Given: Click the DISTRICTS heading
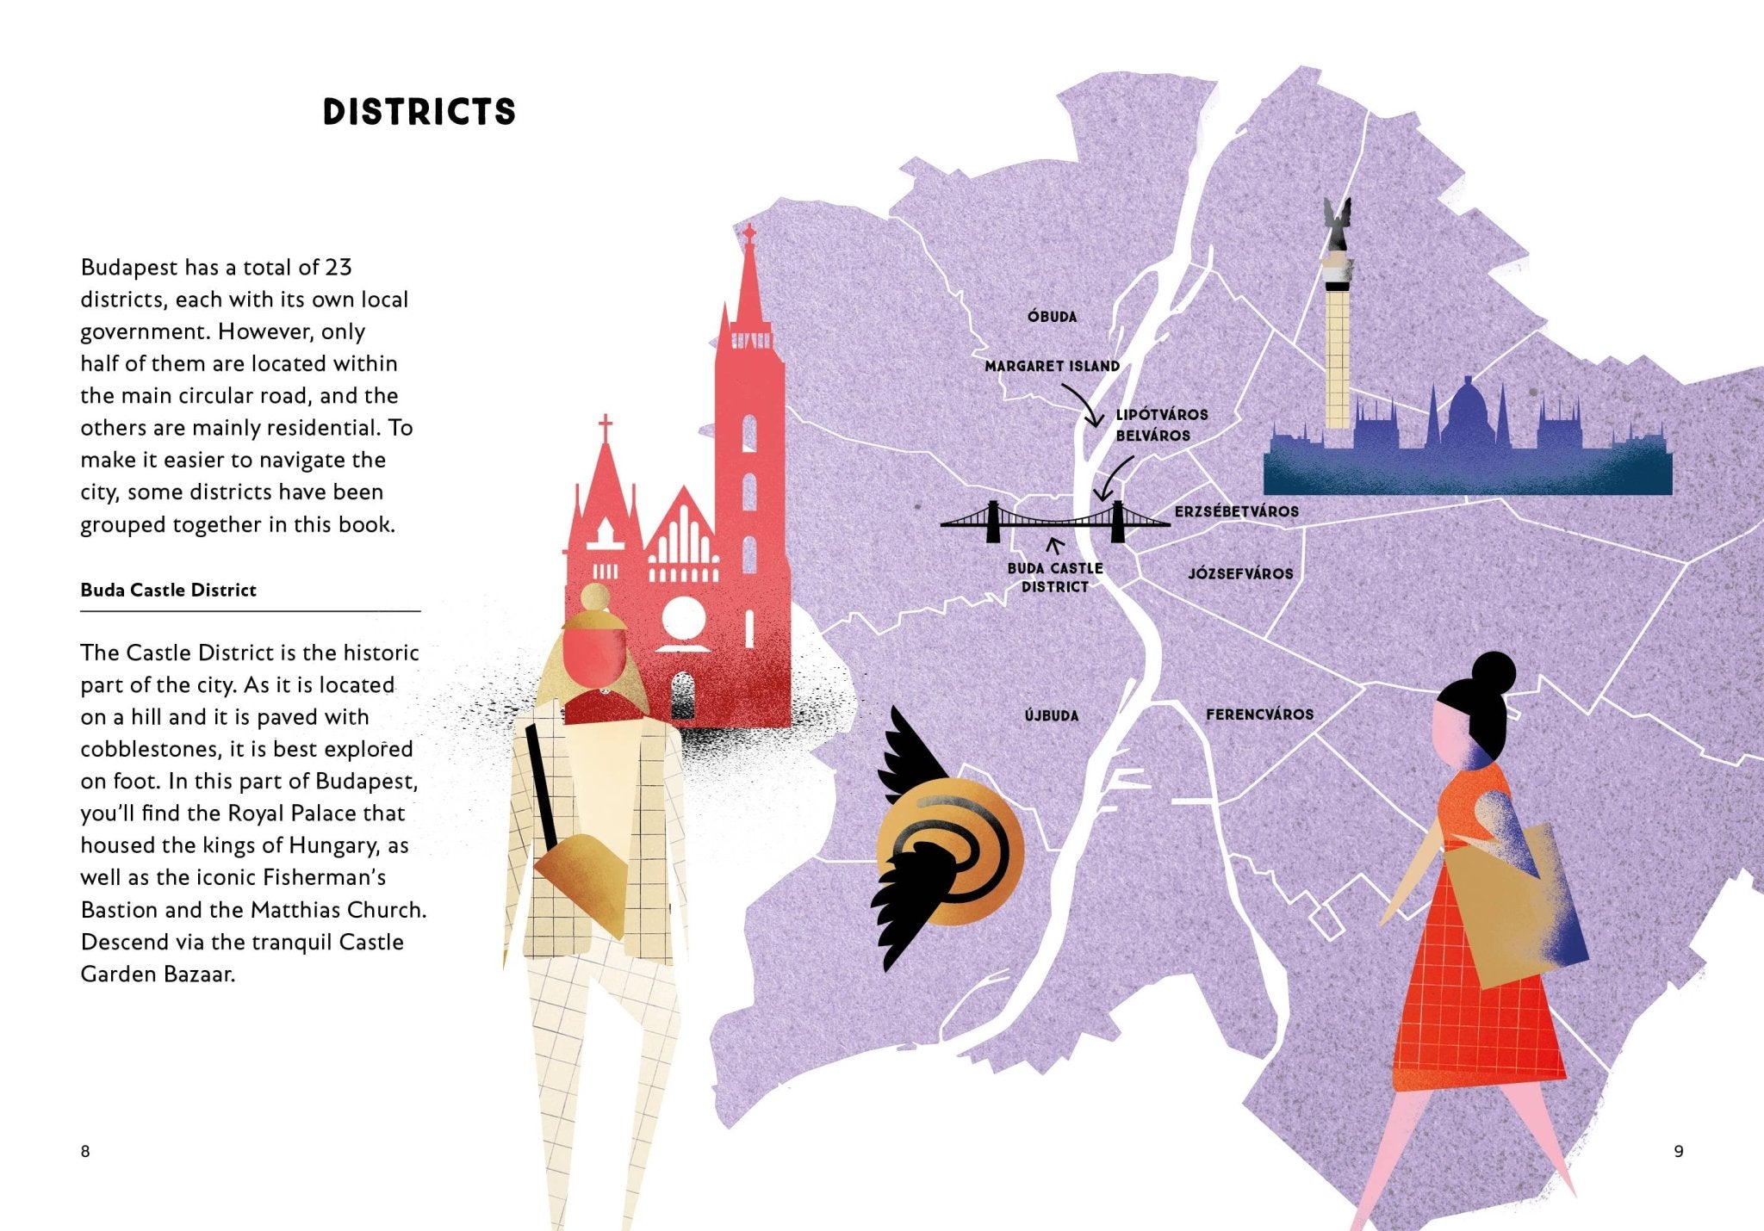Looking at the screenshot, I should (x=419, y=113).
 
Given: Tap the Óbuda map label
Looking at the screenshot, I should (x=1052, y=317).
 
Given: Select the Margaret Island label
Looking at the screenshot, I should (x=1052, y=366).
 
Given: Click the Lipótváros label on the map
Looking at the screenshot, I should (x=1162, y=415).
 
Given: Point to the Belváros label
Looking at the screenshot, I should (x=1152, y=436).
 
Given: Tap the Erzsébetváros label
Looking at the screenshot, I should (x=1236, y=511).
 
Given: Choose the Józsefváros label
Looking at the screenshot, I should (x=1240, y=573).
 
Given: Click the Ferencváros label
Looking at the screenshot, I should (x=1259, y=714).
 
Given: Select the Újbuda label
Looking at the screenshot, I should (x=1051, y=715).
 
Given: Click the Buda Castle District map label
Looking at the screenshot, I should (x=1055, y=578).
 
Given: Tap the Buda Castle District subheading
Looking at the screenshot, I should (x=168, y=591).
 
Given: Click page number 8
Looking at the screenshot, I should (x=85, y=1152).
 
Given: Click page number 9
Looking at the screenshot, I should (x=1678, y=1152).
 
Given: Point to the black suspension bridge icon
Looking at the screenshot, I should (x=1055, y=520).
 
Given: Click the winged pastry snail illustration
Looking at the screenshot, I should (x=947, y=848).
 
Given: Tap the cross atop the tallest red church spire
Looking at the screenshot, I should (x=749, y=232).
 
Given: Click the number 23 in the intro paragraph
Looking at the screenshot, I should (x=339, y=268).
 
